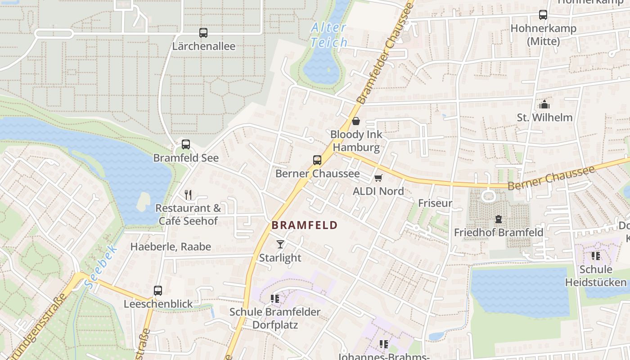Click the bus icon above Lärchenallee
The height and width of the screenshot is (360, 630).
[x=203, y=33]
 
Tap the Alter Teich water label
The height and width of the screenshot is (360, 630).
[x=329, y=35]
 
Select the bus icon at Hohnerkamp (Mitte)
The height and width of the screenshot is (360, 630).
[x=543, y=15]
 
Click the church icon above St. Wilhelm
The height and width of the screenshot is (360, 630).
[x=544, y=104]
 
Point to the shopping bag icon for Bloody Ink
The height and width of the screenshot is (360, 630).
[x=356, y=121]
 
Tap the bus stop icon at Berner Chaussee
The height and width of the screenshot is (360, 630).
[x=317, y=160]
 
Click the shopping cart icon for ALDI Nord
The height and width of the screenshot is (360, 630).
[x=378, y=178]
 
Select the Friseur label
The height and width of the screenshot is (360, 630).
[x=435, y=203]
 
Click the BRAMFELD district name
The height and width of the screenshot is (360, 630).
[x=305, y=225]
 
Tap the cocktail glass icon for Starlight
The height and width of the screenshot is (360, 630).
[x=280, y=244]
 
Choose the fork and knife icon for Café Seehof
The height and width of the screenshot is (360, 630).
[x=188, y=195]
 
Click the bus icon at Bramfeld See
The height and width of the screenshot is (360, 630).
[x=186, y=144]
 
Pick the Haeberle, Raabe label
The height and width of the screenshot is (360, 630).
[x=171, y=247]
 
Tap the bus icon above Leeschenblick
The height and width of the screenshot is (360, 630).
[x=158, y=291]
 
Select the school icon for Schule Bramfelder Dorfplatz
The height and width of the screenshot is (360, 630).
[x=274, y=298]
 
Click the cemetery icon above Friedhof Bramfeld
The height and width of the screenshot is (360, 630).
[x=499, y=220]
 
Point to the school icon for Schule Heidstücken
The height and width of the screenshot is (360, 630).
[x=596, y=256]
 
